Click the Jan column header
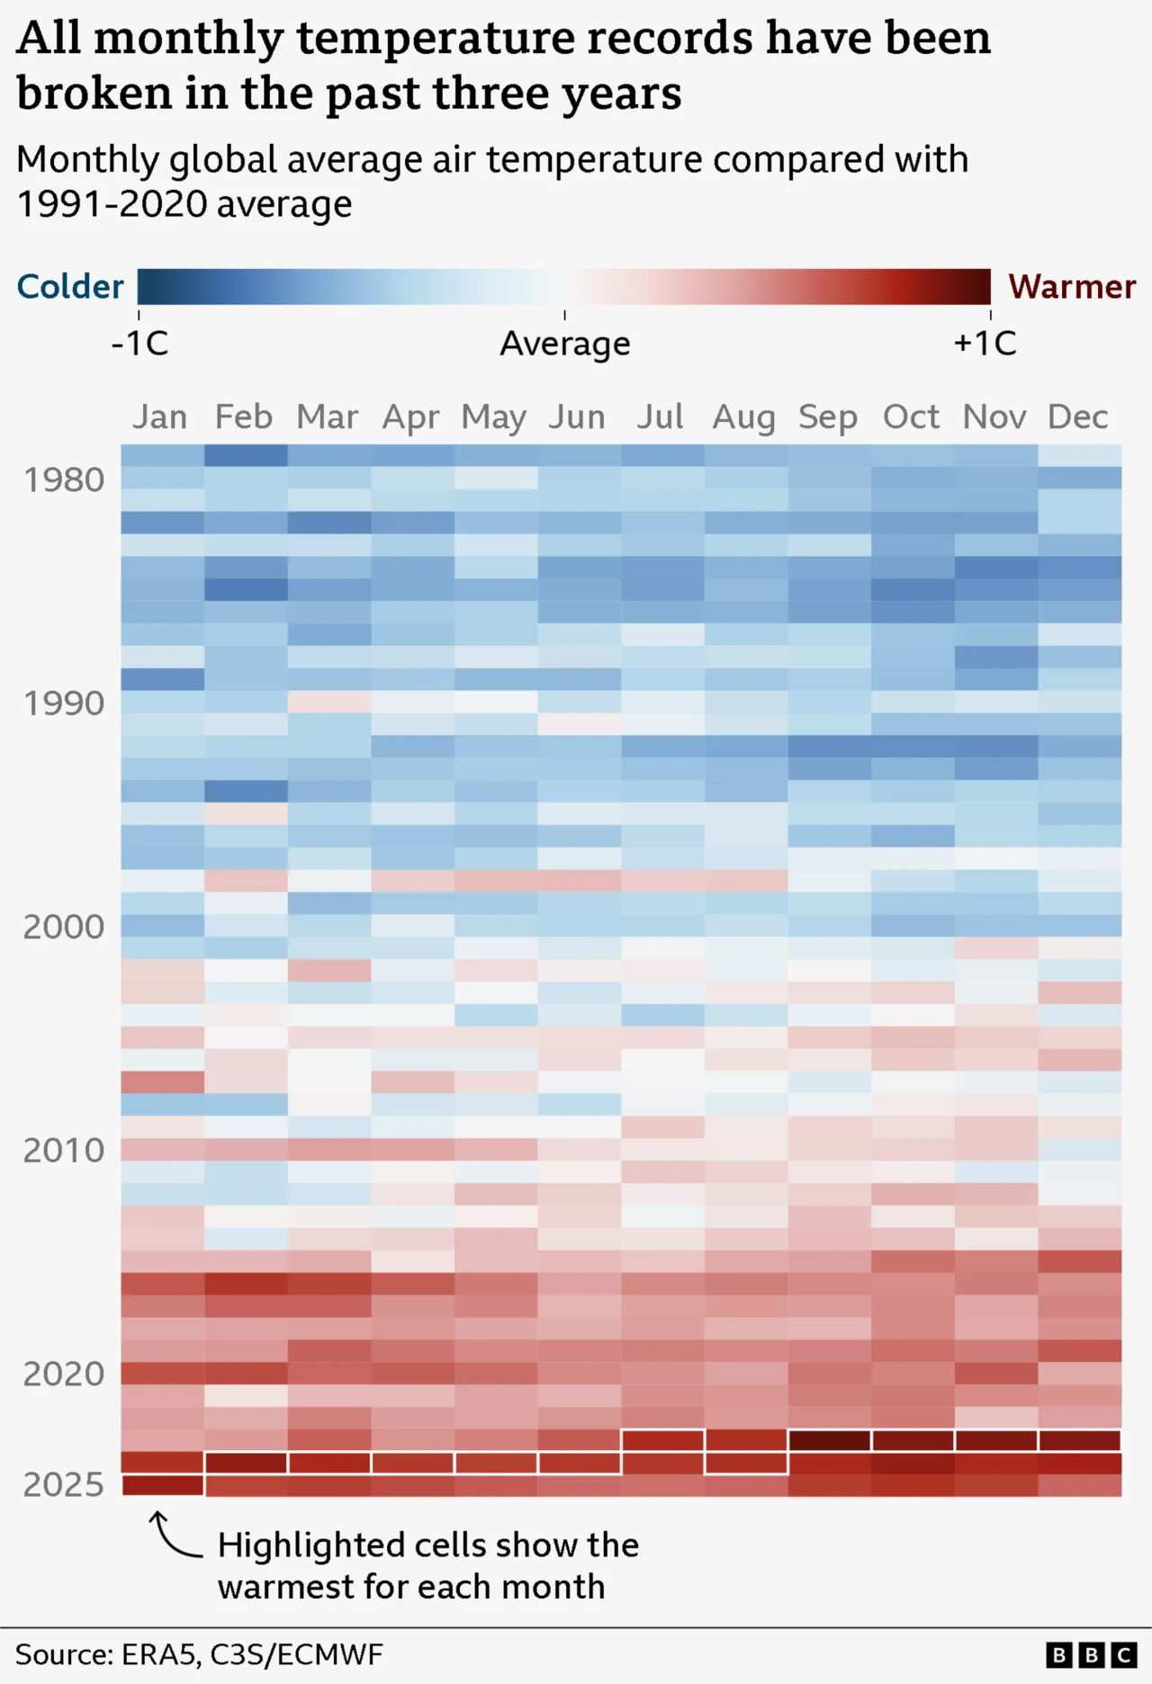(x=160, y=417)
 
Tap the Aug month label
(x=743, y=417)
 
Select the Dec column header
(x=1077, y=417)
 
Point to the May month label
(x=493, y=417)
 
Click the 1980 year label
(x=64, y=480)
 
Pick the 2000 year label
(x=64, y=927)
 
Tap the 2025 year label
(x=64, y=1484)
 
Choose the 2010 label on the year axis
(x=64, y=1151)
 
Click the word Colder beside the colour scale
(x=70, y=287)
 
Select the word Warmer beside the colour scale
(x=1071, y=287)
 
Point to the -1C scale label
(x=139, y=344)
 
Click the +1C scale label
(x=985, y=344)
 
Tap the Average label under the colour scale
(x=565, y=344)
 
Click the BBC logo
(x=1091, y=1654)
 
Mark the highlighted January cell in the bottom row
(x=163, y=1485)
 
